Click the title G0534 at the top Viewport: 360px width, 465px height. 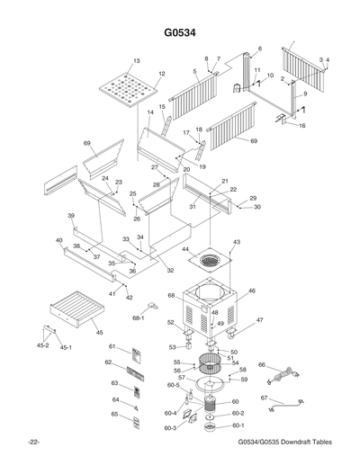click(x=179, y=33)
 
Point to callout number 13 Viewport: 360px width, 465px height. click(x=137, y=61)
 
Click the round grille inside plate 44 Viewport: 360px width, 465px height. click(x=210, y=260)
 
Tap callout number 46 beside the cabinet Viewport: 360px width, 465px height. click(x=252, y=291)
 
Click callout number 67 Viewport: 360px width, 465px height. click(x=265, y=398)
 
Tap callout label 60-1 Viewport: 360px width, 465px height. click(x=238, y=425)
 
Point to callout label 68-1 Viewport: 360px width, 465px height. click(x=140, y=317)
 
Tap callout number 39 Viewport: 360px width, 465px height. click(x=70, y=217)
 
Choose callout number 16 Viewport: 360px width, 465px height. click(x=302, y=126)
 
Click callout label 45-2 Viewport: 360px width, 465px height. click(x=41, y=344)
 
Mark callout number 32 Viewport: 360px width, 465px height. click(x=170, y=271)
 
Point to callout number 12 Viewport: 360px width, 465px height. click(x=162, y=74)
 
